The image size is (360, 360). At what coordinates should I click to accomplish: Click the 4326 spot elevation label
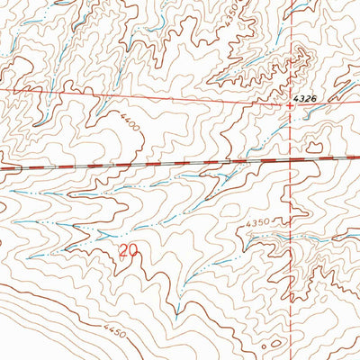(x=304, y=94)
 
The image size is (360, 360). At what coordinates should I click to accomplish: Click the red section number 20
(x=129, y=249)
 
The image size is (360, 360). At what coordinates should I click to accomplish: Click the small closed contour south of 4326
(x=314, y=146)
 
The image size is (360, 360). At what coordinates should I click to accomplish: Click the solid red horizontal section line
(x=135, y=94)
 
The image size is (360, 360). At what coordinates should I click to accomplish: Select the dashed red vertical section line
(x=291, y=270)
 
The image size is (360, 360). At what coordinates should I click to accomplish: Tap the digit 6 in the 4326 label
(x=314, y=94)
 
